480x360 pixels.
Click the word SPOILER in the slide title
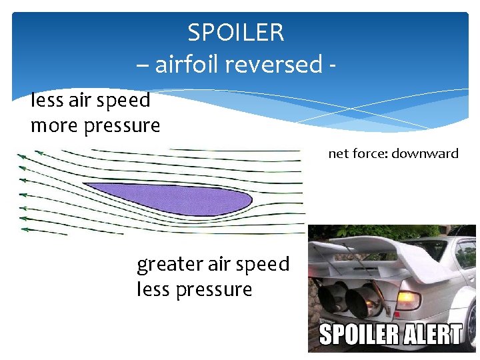235,32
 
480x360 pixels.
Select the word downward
425,154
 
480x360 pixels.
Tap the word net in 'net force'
338,154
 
